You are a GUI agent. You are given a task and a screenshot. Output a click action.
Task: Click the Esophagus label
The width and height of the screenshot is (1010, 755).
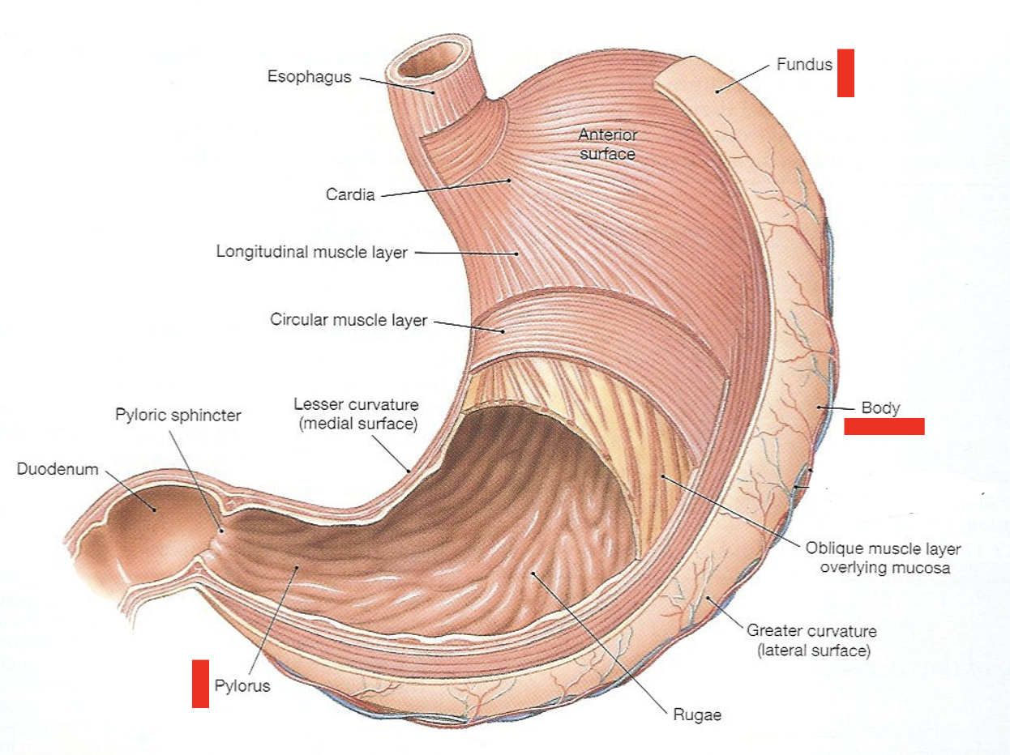[310, 77]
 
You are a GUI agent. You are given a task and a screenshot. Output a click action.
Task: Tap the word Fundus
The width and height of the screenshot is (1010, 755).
[804, 64]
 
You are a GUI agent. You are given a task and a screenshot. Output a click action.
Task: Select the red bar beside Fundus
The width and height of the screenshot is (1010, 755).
[845, 73]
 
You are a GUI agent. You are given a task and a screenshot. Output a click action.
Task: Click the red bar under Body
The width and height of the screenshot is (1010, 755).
[884, 427]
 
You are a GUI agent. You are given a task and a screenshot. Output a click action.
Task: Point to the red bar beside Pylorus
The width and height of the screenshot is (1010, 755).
[200, 684]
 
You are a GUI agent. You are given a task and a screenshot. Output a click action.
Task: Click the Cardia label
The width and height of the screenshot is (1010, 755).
[350, 194]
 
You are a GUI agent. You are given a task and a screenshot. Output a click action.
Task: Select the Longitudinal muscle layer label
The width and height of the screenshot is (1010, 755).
[312, 252]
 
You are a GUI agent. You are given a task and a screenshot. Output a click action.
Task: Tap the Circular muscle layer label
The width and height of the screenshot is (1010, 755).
[349, 320]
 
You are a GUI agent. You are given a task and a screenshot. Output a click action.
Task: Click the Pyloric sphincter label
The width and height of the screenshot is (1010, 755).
[177, 415]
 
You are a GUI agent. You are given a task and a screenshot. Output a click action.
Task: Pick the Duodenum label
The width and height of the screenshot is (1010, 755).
[58, 469]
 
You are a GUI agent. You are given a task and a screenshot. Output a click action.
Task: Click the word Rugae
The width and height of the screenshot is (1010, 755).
[696, 715]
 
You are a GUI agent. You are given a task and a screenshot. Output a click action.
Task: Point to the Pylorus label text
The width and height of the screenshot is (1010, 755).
[242, 686]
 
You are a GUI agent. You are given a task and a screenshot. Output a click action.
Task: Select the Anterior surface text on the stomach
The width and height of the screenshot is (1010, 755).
[607, 144]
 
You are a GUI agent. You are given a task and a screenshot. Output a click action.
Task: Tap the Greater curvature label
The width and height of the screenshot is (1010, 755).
[811, 640]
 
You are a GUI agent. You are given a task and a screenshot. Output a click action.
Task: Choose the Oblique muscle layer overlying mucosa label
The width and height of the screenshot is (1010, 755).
[883, 557]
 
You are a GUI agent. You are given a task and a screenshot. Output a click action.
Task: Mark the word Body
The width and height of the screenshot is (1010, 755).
[880, 407]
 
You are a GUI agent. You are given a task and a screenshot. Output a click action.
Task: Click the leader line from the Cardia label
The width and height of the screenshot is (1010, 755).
[446, 188]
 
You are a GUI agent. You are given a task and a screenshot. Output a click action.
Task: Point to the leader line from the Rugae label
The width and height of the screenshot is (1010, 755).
[600, 640]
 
